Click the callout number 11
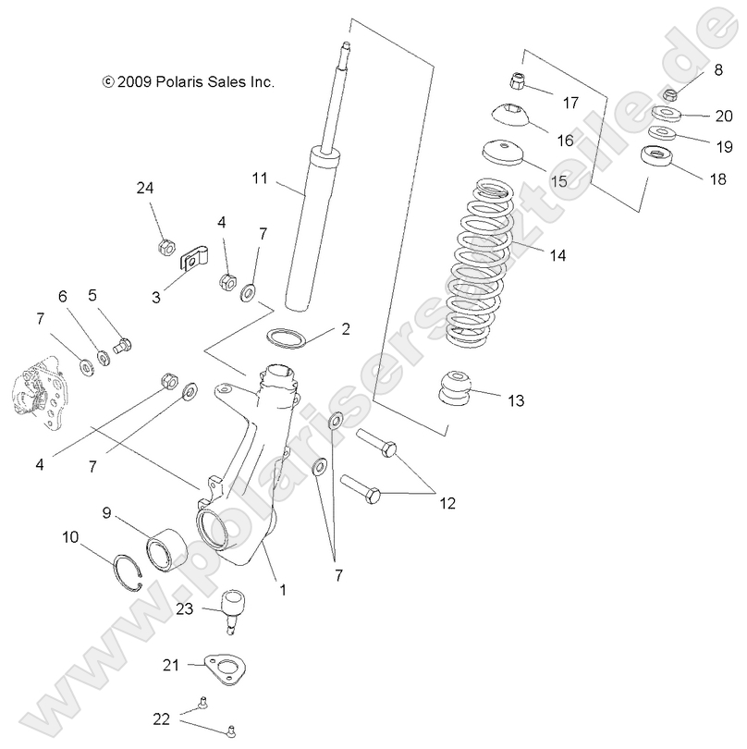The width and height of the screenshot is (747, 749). coord(259,175)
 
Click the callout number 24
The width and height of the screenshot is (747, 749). coord(145,189)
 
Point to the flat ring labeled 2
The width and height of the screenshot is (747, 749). coord(288,337)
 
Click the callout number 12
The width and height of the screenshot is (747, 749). coord(447,503)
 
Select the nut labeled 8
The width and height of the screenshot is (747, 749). coord(670,92)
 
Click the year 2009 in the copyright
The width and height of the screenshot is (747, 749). coord(131,81)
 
